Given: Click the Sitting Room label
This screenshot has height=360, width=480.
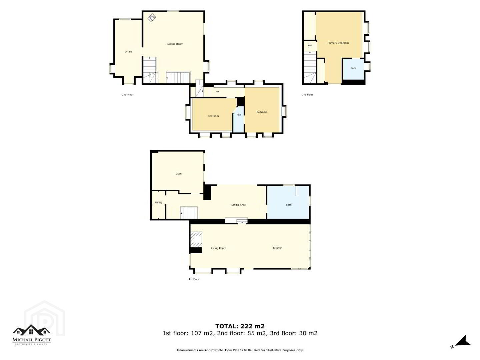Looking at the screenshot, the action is [175, 44].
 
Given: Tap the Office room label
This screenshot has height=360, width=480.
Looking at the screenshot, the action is [128, 52].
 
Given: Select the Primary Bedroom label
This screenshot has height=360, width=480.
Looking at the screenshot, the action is [338, 43].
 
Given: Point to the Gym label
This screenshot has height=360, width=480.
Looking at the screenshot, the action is [178, 174].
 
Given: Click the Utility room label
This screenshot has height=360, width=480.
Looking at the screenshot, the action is [159, 202].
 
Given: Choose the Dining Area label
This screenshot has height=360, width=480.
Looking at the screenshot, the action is [238, 205].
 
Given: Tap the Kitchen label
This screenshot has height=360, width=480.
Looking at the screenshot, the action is [278, 248].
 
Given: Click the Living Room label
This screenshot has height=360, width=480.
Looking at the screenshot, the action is [218, 248].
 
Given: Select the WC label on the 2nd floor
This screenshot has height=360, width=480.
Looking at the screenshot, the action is [239, 115].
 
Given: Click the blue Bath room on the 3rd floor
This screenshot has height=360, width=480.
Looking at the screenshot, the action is [353, 69].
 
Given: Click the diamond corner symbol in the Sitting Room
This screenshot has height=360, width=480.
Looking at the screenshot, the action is [152, 18].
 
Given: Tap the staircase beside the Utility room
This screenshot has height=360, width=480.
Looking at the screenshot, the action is [189, 213].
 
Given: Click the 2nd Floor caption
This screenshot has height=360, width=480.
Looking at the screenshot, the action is [127, 95].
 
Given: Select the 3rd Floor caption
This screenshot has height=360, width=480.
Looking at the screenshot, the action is [307, 95].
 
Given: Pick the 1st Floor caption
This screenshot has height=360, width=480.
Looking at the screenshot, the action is [194, 279].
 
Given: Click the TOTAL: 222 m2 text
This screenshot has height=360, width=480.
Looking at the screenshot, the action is [240, 326].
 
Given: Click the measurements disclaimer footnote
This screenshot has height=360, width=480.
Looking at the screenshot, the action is [240, 350].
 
